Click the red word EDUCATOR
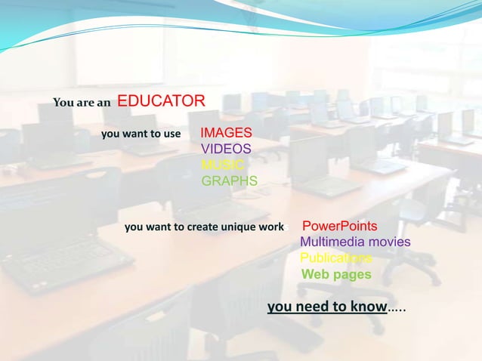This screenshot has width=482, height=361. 161,101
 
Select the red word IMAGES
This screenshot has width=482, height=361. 226,134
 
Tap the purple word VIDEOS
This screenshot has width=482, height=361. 225,150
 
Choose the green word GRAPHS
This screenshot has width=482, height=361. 229,181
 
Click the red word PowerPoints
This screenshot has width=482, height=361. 339,227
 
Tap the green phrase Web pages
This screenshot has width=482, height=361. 336,274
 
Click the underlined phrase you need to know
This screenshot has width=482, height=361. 326,307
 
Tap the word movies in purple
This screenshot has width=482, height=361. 390,242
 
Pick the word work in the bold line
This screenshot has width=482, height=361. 268,227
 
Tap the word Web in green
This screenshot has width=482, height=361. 314,274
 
